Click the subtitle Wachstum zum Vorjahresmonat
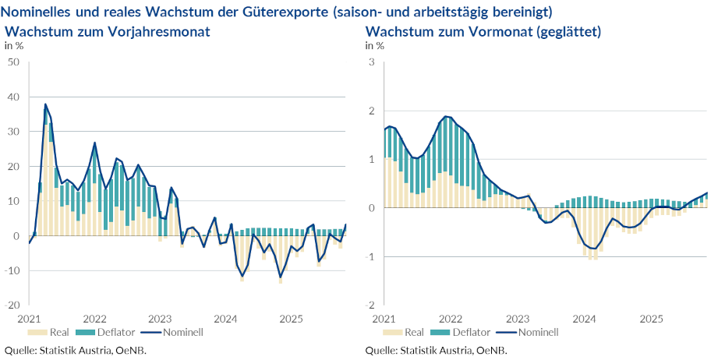pyautogui.click(x=108, y=31)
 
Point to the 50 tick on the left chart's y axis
pyautogui.click(x=13, y=62)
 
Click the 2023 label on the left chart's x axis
pyautogui.click(x=160, y=318)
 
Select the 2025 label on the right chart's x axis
pyautogui.click(x=652, y=318)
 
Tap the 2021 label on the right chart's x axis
pyautogui.click(x=384, y=318)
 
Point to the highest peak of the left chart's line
pyautogui.click(x=45, y=104)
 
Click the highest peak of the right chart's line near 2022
pyautogui.click(x=446, y=116)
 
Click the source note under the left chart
pyautogui.click(x=76, y=350)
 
